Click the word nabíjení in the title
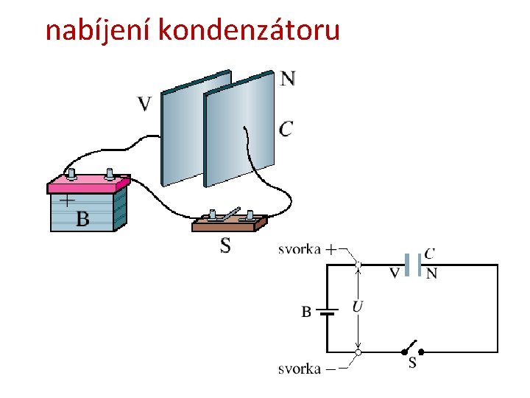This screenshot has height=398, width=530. click(x=99, y=30)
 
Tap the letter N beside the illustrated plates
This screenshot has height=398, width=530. click(x=288, y=78)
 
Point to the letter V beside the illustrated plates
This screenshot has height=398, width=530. click(x=145, y=104)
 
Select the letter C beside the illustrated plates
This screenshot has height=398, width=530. click(x=286, y=129)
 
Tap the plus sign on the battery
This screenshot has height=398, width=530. click(x=67, y=200)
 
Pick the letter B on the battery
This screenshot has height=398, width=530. click(x=82, y=219)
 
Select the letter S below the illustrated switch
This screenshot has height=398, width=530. click(x=225, y=246)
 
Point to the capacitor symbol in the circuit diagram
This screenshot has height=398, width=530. click(x=412, y=265)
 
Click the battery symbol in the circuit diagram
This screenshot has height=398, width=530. click(x=328, y=312)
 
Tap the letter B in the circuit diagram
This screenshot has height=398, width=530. click(x=306, y=312)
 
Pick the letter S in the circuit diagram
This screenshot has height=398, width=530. click(x=412, y=363)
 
